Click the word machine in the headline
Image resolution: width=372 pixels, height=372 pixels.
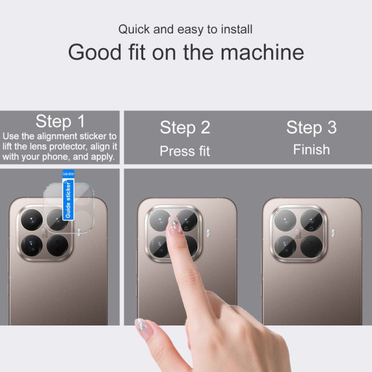(x=262, y=53)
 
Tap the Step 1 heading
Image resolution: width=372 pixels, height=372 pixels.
(x=60, y=122)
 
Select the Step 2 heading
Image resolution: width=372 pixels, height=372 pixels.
(x=185, y=127)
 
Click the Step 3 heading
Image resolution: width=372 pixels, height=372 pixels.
(x=311, y=127)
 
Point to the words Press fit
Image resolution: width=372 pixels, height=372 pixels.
(x=185, y=151)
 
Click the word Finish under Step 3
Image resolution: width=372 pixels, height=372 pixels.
(x=311, y=150)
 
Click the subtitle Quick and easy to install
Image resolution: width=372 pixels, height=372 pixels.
(x=185, y=30)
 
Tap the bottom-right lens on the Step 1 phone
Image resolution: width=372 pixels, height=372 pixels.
(x=57, y=244)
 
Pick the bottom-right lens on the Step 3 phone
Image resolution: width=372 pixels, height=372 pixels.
(x=310, y=246)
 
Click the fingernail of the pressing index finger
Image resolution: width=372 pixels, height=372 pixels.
(x=175, y=225)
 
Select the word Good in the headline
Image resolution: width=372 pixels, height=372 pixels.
(x=94, y=53)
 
